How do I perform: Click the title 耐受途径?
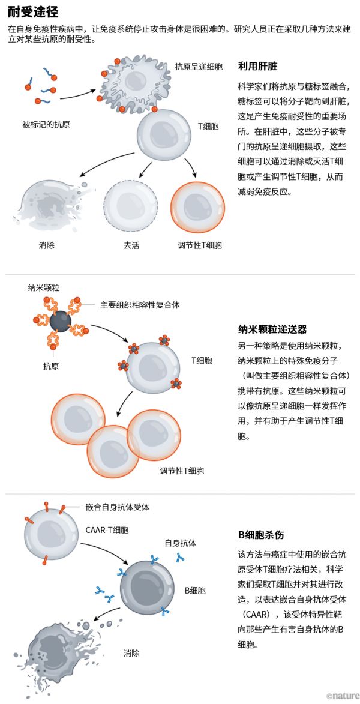[x=33, y=11]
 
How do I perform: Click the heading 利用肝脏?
[x=257, y=67]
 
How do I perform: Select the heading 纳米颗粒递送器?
[x=272, y=329]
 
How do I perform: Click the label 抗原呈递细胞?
[x=197, y=65]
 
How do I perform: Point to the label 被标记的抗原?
[x=46, y=125]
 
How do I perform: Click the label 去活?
[x=131, y=245]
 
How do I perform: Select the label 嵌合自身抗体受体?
[x=118, y=507]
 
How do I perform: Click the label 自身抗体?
[x=181, y=543]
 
